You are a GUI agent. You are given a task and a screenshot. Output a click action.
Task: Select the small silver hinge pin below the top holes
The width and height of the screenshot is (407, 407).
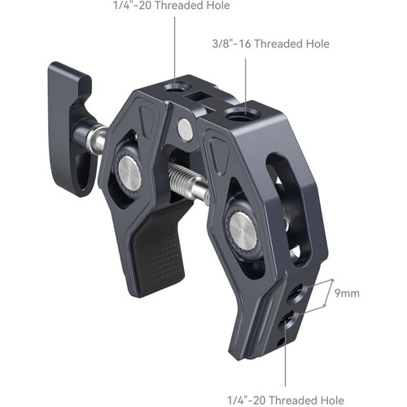tap(186, 127)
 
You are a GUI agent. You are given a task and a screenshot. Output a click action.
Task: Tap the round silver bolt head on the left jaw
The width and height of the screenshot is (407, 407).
tap(131, 168)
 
